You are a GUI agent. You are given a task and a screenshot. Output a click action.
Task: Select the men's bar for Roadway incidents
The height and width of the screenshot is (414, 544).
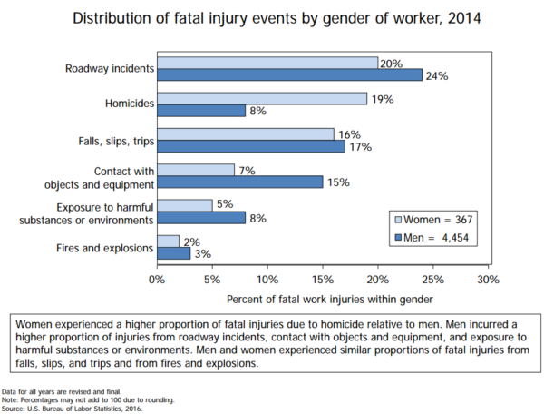(289, 75)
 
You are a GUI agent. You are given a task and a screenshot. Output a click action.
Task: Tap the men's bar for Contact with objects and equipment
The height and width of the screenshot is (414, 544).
(239, 182)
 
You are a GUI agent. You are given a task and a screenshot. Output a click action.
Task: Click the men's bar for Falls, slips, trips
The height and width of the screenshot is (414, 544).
(250, 146)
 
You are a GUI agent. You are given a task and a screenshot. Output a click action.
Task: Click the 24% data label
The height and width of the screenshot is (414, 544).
(437, 76)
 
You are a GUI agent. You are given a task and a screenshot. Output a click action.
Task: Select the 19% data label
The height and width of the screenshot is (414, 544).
(382, 98)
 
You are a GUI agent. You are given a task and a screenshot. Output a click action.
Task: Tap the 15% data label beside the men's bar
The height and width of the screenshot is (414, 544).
(337, 182)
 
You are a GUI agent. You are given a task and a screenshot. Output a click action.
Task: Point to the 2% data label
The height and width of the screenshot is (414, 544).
(192, 241)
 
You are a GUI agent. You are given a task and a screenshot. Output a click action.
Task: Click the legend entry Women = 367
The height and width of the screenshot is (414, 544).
(433, 220)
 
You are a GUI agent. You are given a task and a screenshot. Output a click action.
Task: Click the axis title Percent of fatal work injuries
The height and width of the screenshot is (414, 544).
(322, 297)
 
